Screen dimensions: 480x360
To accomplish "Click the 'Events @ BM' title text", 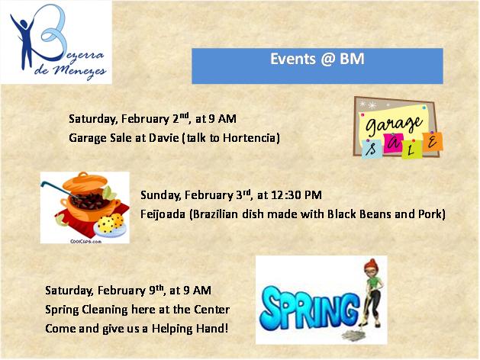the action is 317,59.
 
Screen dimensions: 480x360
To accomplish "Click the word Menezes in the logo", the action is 79,72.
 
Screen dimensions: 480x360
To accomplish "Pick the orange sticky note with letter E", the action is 432,142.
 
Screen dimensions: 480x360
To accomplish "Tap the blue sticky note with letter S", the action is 372,149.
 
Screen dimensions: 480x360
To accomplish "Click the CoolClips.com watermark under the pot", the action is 85,241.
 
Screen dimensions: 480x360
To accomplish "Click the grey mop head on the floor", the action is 353,336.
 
